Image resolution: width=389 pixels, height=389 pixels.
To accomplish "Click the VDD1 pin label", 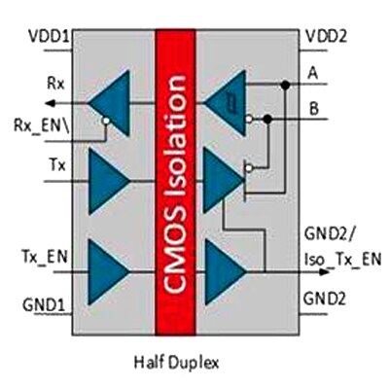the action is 49,36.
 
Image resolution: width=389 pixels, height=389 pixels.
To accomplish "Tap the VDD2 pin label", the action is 327,36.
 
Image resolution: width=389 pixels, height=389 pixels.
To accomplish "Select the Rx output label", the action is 55,84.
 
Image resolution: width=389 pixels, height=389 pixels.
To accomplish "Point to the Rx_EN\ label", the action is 42,125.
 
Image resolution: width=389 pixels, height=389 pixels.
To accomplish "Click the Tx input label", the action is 57,164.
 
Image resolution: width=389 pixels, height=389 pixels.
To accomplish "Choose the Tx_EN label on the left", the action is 45,257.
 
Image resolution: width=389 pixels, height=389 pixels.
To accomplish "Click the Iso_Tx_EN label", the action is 342,260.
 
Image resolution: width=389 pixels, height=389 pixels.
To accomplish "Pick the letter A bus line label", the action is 313,74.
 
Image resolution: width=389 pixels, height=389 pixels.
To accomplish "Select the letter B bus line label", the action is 314,109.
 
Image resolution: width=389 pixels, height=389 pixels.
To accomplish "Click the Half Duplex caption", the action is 177,362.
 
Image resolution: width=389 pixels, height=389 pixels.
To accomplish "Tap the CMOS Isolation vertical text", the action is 175,184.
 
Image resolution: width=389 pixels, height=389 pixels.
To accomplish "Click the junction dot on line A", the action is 285,85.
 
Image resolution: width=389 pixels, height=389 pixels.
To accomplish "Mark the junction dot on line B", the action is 267,120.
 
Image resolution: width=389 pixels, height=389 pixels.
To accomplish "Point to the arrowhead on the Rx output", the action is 51,104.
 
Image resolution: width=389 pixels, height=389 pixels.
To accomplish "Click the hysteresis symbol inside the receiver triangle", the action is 231,103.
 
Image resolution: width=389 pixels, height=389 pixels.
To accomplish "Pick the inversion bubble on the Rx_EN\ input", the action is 106,121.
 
